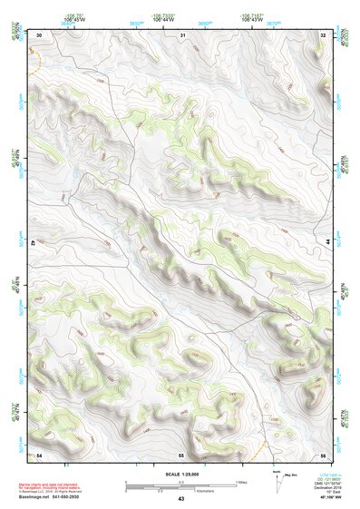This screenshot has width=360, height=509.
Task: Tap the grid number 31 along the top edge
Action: coord(183,34)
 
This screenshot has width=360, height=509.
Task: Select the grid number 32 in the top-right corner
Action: coord(323,34)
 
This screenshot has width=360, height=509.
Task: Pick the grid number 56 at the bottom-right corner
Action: coord(323,453)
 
